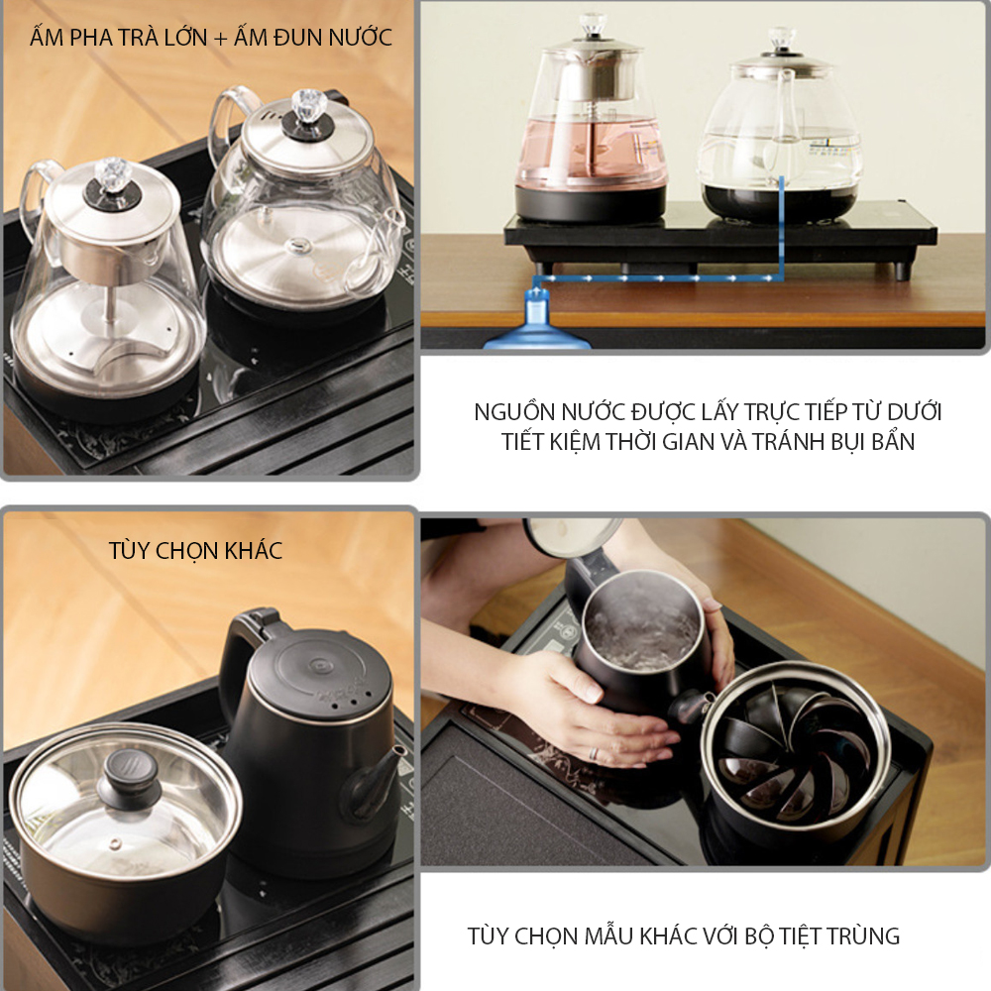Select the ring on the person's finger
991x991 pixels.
pos(594,753)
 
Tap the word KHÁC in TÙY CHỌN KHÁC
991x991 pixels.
pos(253,550)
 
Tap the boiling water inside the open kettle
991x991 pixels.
pos(641,625)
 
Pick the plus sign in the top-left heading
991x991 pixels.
pos(220,39)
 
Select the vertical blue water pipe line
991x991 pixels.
pos(782,228)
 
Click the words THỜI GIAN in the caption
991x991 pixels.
pos(656,441)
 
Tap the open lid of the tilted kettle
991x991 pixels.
pos(573,536)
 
